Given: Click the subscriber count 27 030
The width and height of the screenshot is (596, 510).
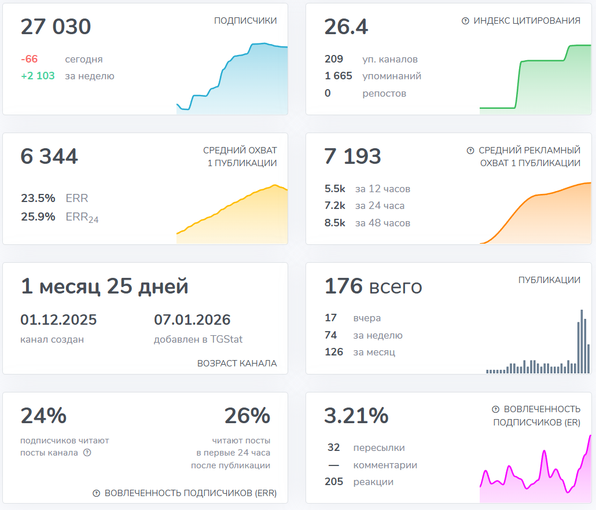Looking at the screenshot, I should click(x=56, y=27).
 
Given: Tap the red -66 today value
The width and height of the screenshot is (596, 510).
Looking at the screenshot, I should click(x=30, y=59).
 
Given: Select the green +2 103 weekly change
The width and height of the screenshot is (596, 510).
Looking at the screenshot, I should click(x=38, y=76).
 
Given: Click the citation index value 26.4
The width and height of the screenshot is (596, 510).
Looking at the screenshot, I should click(x=346, y=27).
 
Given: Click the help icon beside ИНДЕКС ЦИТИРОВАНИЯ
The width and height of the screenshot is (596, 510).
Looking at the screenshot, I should click(x=465, y=21).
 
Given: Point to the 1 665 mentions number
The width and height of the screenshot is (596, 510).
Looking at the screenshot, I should click(x=339, y=76).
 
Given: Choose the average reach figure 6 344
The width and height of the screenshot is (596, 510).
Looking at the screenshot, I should click(x=49, y=157).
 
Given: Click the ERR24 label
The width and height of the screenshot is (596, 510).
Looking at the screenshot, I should click(x=82, y=217).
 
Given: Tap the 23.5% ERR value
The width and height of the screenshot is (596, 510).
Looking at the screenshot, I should click(x=38, y=198).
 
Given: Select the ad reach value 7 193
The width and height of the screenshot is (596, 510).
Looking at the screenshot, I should click(x=352, y=157).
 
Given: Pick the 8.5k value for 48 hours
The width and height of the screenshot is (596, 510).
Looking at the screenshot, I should click(x=335, y=223).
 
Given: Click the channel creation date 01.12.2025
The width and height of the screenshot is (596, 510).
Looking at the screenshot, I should click(x=58, y=320).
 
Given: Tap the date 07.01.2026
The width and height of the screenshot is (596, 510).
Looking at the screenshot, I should click(x=192, y=320).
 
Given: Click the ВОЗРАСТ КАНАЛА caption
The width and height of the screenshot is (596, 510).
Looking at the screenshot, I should click(x=237, y=364).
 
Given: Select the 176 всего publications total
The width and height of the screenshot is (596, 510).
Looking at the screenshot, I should click(x=373, y=287).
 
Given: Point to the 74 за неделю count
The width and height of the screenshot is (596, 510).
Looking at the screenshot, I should click(x=331, y=335).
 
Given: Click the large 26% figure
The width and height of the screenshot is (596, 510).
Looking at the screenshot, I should click(x=247, y=416).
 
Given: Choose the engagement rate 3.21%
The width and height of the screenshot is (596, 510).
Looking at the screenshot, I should click(x=356, y=416).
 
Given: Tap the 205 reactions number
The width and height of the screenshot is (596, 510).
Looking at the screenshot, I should click(x=334, y=482).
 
